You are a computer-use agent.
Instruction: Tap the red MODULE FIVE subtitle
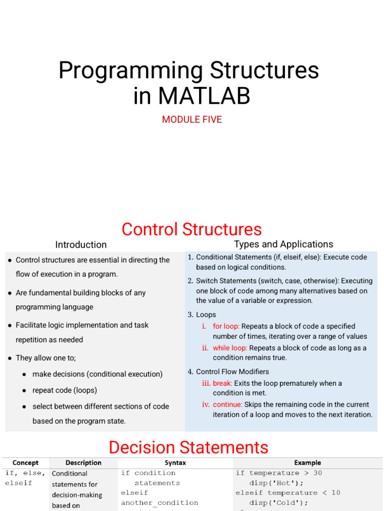coord(192,120)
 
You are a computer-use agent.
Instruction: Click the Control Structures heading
coord(191,229)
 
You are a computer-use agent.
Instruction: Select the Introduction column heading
coord(81,245)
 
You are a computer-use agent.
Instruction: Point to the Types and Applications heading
coord(283,244)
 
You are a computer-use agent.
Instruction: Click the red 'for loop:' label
coord(226,326)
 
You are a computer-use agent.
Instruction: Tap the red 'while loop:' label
coord(230,348)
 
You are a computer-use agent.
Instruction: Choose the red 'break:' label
coord(222,383)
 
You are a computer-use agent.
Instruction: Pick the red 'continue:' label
coord(227,404)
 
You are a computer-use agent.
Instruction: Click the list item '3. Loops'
coord(202,315)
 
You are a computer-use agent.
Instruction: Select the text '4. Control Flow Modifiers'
coord(228,372)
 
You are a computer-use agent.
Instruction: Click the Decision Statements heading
coord(188,447)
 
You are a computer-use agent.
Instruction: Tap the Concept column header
coord(25,463)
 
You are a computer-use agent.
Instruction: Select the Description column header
coord(83,463)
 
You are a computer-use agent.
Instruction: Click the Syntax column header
coord(175,463)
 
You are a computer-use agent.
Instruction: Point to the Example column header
coord(307,463)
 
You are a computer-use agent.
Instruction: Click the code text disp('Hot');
coord(276,483)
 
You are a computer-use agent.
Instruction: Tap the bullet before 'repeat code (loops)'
coord(24,390)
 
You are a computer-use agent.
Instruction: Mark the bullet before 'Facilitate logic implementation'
coord(10,325)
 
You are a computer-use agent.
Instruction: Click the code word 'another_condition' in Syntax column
coord(159,503)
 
